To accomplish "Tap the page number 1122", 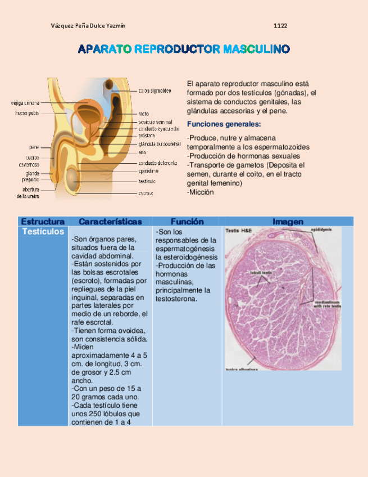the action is coord(280,26).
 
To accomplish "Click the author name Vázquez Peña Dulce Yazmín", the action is coord(88,26).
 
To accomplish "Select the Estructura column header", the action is coord(42,222).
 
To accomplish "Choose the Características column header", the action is coord(110,222).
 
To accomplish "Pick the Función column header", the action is coord(187,222).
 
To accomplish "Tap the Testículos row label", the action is coord(43,232).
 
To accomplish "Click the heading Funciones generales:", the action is coord(224,124).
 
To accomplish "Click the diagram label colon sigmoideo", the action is coord(155,90).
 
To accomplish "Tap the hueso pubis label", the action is coord(27,113).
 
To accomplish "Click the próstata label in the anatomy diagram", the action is coord(147,136).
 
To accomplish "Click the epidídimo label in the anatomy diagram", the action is coord(149,170).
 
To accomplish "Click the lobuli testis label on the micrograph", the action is coord(261,272).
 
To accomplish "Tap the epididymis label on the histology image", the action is coord(321,229).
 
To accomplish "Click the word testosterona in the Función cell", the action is coord(176,299).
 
